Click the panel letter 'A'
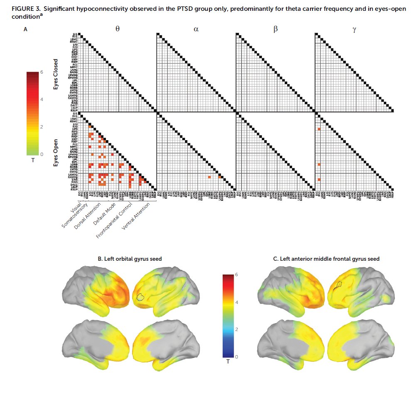[x=26, y=29]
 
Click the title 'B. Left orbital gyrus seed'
[x=130, y=259]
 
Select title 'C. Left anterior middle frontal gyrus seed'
[x=326, y=259]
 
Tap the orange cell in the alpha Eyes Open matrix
[x=209, y=177]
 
